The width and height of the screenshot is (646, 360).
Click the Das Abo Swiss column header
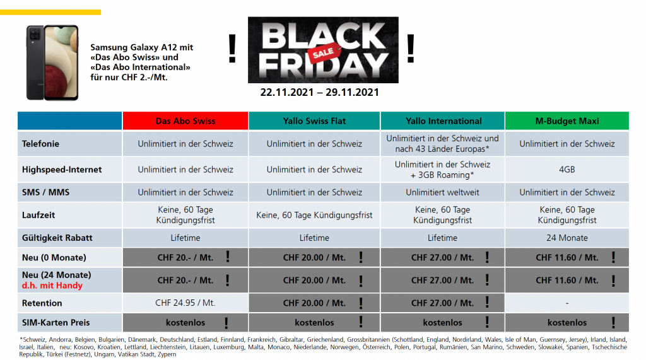(185, 121)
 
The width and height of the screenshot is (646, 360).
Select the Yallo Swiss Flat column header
(314, 121)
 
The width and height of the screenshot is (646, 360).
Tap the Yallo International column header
(442, 121)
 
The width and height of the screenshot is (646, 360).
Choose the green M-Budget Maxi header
(567, 121)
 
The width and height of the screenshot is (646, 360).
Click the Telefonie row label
(40, 144)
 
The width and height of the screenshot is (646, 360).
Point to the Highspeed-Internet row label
(62, 170)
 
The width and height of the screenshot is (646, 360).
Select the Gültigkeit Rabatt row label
(57, 238)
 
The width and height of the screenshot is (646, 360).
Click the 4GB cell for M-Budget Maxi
(567, 170)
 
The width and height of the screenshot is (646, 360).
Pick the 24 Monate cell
(567, 238)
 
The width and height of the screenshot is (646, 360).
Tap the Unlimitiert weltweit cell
(442, 192)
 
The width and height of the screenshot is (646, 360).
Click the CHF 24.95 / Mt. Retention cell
(185, 303)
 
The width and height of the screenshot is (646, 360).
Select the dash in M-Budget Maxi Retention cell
(567, 303)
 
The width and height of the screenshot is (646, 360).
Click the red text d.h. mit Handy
(52, 286)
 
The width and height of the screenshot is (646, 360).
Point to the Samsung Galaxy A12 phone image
(52, 62)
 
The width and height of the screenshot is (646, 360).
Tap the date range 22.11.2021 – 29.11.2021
(320, 92)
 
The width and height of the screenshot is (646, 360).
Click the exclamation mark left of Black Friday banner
(232, 50)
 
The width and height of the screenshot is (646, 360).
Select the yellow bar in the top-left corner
(50, 12)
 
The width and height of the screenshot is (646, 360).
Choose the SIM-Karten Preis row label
(56, 322)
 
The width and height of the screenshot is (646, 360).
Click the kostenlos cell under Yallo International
(442, 322)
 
